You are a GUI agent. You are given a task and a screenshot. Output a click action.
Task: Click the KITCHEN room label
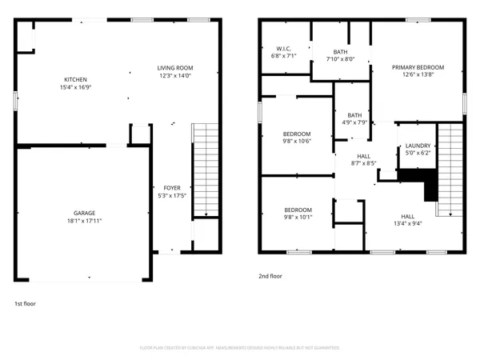click(75, 79)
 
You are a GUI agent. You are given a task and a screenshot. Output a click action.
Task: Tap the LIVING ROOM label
click(174, 68)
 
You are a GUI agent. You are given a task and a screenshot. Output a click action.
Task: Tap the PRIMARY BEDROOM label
click(418, 67)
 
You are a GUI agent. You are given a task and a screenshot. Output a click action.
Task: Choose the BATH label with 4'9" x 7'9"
click(354, 114)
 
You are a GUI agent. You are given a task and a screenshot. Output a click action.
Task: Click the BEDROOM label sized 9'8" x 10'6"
click(297, 134)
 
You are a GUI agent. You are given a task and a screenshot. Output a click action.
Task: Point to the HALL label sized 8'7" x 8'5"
click(363, 157)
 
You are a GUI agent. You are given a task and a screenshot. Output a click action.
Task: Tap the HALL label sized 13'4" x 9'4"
click(407, 216)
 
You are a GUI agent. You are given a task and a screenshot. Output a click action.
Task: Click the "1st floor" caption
click(24, 304)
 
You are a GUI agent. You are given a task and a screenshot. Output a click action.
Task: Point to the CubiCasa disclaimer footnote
click(240, 348)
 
